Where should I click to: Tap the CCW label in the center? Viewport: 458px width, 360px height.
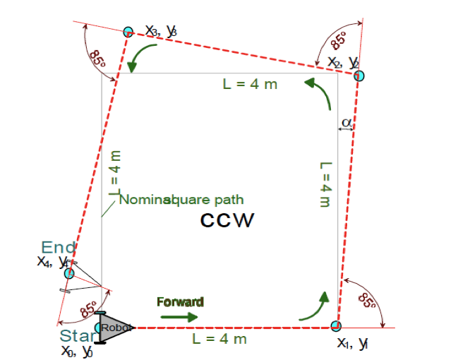227,220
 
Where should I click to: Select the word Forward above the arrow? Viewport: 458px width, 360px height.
180,302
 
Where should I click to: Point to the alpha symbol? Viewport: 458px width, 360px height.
346,122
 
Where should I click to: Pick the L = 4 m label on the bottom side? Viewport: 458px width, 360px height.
219,340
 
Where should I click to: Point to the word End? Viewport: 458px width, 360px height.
59,247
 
